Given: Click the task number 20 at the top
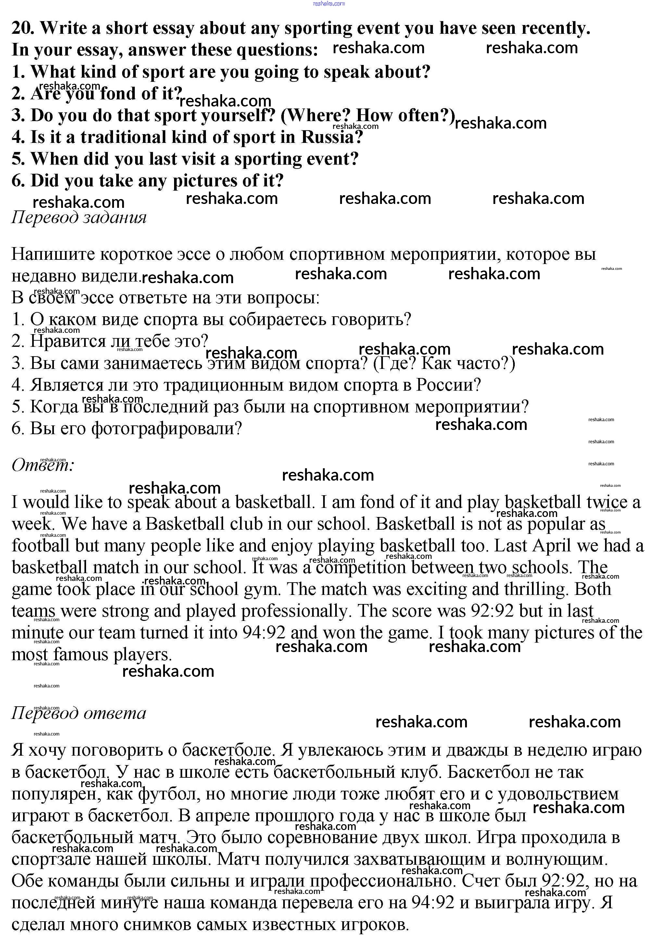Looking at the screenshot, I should click(x=23, y=28).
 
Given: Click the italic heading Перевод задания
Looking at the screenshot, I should click(x=79, y=217).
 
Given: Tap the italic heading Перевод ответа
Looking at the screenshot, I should click(x=79, y=713).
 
